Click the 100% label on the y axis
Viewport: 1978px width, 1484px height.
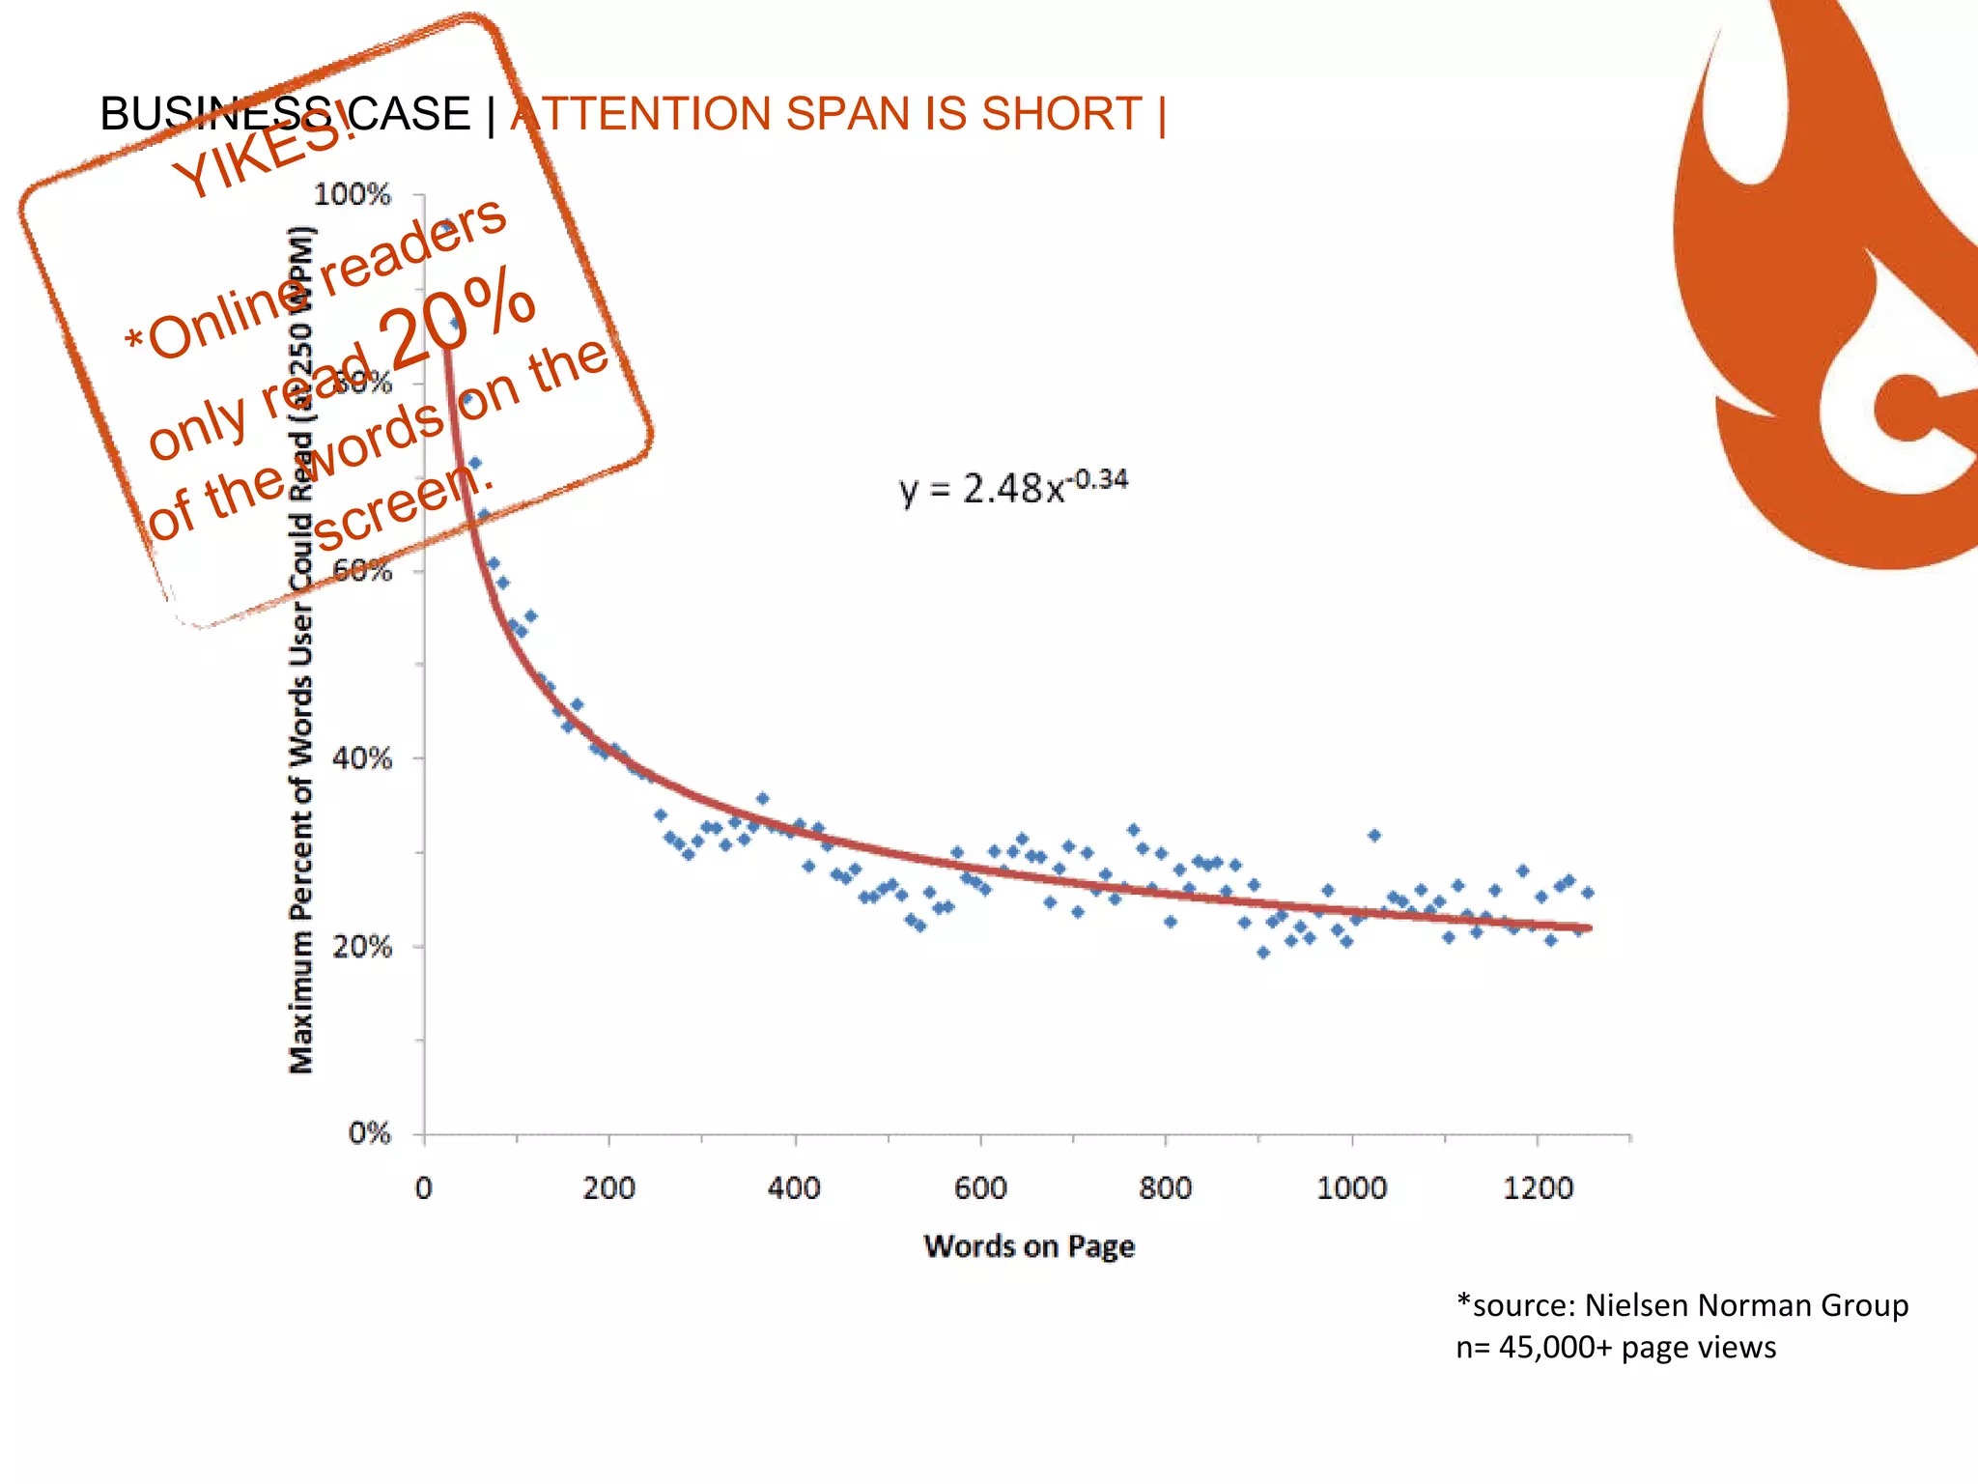pyautogui.click(x=353, y=195)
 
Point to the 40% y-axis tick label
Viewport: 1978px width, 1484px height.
pyautogui.click(x=362, y=758)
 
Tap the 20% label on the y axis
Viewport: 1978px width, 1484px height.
pyautogui.click(x=362, y=947)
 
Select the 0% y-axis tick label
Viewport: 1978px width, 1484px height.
pyautogui.click(x=370, y=1133)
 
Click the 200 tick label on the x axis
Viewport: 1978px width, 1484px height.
pyautogui.click(x=608, y=1187)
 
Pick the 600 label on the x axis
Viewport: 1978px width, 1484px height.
pyautogui.click(x=980, y=1187)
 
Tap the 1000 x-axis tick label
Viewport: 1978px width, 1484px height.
pyautogui.click(x=1351, y=1187)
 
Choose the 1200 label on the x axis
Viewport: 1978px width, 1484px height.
pyautogui.click(x=1538, y=1187)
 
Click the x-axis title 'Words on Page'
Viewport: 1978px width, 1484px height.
pyautogui.click(x=1029, y=1246)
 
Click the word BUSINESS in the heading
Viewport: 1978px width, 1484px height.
pyautogui.click(x=216, y=114)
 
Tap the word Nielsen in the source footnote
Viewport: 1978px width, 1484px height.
pyautogui.click(x=1637, y=1305)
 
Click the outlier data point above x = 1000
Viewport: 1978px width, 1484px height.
pyautogui.click(x=1374, y=836)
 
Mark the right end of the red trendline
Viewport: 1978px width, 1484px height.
pyautogui.click(x=1589, y=928)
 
